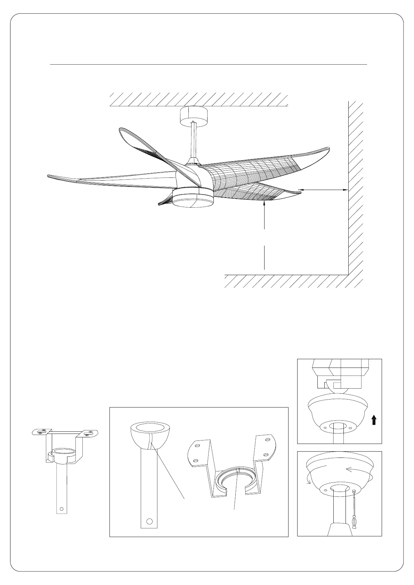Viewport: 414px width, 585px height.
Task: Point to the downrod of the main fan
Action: pyautogui.click(x=193, y=141)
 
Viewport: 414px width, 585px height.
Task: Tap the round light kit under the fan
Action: pyautogui.click(x=193, y=199)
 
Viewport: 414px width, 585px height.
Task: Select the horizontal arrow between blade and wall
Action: pyautogui.click(x=323, y=190)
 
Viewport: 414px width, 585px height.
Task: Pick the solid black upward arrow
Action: pyautogui.click(x=374, y=421)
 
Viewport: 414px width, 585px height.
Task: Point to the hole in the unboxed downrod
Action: pyautogui.click(x=62, y=509)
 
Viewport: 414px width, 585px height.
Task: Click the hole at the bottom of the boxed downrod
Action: pyautogui.click(x=150, y=531)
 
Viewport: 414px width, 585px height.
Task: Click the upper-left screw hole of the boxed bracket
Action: pyautogui.click(x=197, y=445)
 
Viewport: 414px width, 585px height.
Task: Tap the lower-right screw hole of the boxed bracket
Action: pyautogui.click(x=266, y=455)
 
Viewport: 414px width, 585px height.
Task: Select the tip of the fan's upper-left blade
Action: pyautogui.click(x=121, y=130)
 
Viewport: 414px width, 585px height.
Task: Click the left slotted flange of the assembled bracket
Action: pyautogui.click(x=41, y=432)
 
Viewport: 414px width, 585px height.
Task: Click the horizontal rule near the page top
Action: pyautogui.click(x=209, y=65)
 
